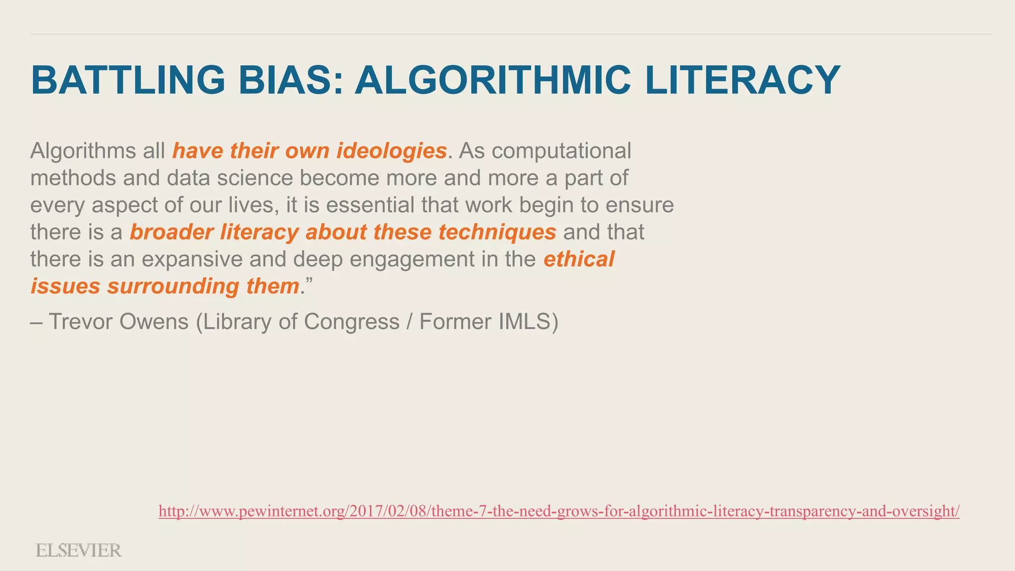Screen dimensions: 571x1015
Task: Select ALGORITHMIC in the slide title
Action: pos(492,80)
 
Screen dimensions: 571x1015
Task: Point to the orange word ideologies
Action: pos(392,151)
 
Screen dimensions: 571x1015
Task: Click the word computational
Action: pos(561,151)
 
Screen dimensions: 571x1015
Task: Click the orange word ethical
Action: pos(579,259)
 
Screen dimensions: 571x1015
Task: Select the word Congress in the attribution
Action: pos(351,322)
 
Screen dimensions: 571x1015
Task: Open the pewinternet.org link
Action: pos(559,511)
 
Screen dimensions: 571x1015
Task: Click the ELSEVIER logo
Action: pos(78,551)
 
